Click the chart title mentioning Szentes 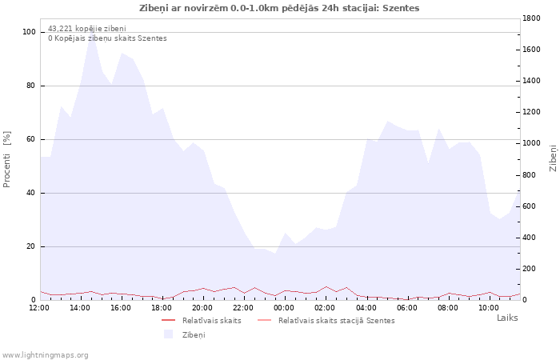[279, 8]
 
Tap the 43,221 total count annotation [86, 29]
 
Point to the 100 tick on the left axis [29, 32]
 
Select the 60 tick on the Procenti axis [30, 139]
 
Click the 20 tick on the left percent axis [30, 246]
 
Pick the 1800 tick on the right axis [531, 18]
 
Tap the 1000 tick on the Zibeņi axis [531, 143]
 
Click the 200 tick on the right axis [529, 269]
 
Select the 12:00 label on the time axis [39, 308]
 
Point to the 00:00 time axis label [284, 308]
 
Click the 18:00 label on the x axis [162, 308]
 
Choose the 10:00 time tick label [489, 308]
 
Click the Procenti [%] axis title [6, 159]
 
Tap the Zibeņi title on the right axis [554, 158]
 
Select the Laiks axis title [507, 318]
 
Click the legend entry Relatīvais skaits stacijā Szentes [326, 321]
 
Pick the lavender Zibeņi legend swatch [168, 334]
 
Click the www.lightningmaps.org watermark [45, 355]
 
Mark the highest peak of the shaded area [92, 37]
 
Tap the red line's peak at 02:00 [326, 286]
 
